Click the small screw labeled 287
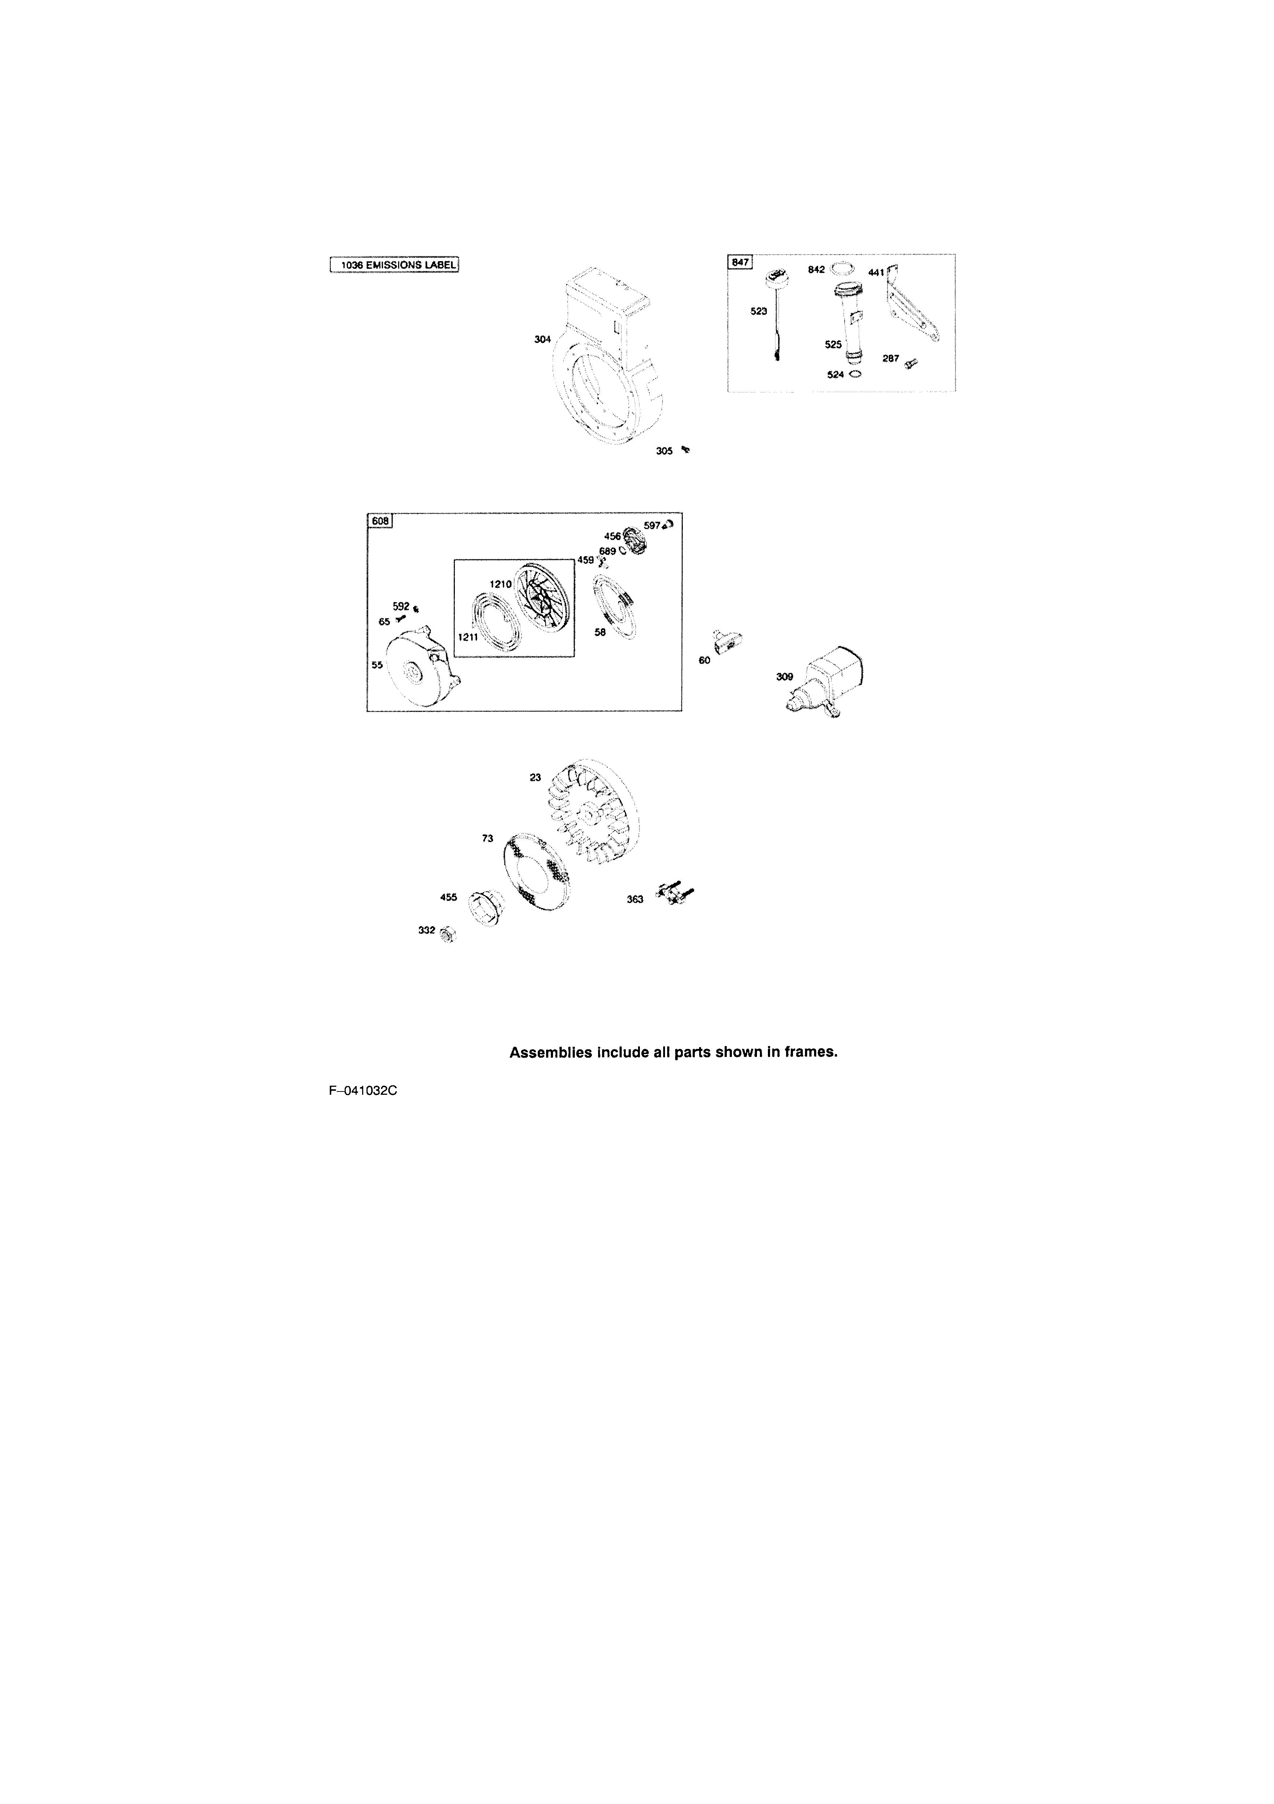pyautogui.click(x=911, y=363)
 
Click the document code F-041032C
pyautogui.click(x=363, y=1090)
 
